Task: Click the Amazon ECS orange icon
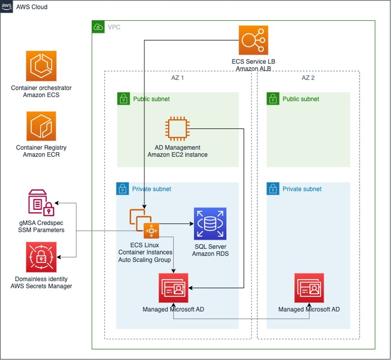41,66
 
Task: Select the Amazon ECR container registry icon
41,126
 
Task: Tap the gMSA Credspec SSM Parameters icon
41,202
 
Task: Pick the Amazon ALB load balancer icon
253,40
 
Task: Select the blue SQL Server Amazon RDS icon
210,224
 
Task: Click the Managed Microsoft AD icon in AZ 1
174,288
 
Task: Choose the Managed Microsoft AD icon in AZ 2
309,288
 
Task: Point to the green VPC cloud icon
98,27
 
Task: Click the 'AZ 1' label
172,78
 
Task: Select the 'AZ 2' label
309,78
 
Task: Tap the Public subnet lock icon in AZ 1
123,99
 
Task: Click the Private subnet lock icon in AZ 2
273,189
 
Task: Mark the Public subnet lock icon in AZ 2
273,99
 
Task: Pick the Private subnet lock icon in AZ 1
123,189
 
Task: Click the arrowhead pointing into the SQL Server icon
191,224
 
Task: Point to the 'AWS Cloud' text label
33,8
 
